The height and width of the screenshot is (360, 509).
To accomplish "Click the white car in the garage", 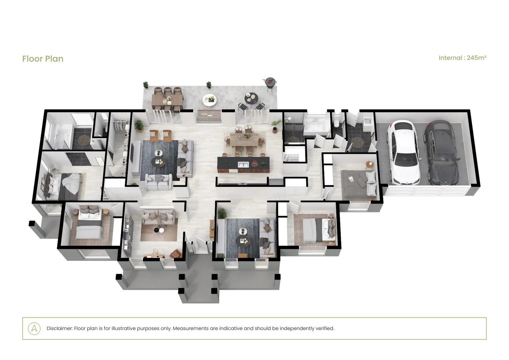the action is click(403, 152).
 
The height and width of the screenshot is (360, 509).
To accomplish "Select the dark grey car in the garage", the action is click(441, 152).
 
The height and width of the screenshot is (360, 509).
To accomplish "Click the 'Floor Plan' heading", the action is click(43, 59).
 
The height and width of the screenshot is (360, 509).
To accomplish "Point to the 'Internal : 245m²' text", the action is click(462, 58).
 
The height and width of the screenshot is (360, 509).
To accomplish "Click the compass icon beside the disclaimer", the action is click(34, 328).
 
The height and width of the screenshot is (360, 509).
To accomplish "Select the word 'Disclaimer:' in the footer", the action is click(60, 328).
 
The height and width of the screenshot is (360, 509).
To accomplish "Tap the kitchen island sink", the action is click(243, 164).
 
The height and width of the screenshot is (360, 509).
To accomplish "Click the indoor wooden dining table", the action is click(244, 139).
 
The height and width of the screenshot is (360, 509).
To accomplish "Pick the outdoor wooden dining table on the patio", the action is click(167, 100).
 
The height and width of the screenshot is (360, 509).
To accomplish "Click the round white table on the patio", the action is click(209, 100).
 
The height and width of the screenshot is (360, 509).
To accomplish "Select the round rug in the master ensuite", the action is click(84, 140).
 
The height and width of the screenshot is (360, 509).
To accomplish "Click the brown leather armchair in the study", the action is click(176, 253).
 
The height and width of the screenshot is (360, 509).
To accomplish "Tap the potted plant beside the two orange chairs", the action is click(139, 126).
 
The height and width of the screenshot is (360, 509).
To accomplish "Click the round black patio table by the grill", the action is click(251, 99).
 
